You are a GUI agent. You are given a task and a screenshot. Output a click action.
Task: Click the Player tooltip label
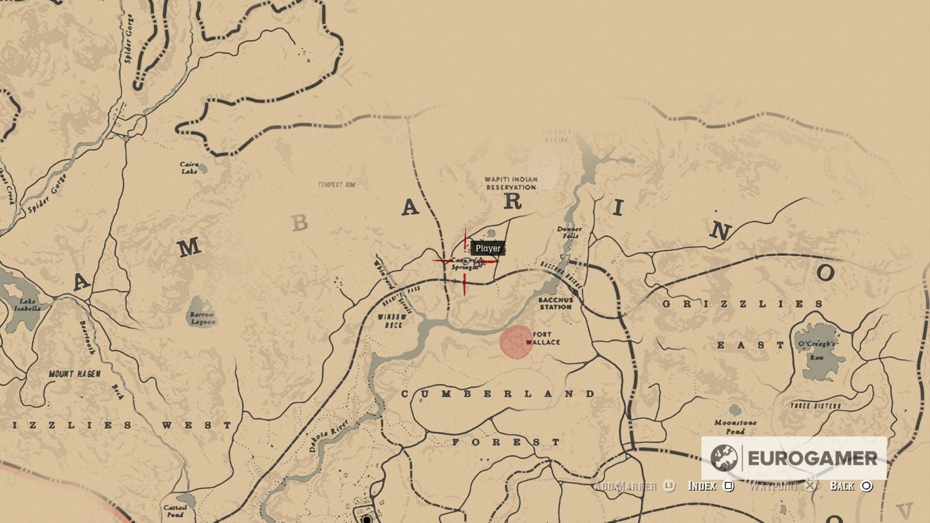(x=488, y=249)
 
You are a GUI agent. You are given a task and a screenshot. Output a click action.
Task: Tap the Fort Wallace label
(x=542, y=338)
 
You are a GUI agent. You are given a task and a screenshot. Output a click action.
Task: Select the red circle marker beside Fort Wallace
(x=516, y=342)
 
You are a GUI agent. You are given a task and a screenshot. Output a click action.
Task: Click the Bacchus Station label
(x=555, y=303)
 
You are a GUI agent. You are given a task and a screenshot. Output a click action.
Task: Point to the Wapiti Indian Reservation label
(x=511, y=183)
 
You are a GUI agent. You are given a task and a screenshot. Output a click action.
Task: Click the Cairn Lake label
(x=189, y=168)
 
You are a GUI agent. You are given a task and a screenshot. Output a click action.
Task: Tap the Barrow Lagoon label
(x=202, y=318)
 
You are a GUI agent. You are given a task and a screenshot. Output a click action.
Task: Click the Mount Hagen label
(x=74, y=374)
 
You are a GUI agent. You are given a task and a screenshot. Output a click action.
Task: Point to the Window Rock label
(x=393, y=321)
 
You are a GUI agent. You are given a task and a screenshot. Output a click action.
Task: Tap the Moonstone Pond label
(x=736, y=427)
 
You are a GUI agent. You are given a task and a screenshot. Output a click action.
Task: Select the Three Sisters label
(x=815, y=405)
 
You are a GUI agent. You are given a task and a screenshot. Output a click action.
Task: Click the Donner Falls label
(x=569, y=232)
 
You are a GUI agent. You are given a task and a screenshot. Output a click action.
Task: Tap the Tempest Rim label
(x=336, y=185)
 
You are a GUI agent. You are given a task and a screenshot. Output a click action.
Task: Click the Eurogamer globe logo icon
(x=724, y=458)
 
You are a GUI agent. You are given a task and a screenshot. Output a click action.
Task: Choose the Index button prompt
(x=709, y=486)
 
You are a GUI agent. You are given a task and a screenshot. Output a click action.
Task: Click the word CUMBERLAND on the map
(x=498, y=394)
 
